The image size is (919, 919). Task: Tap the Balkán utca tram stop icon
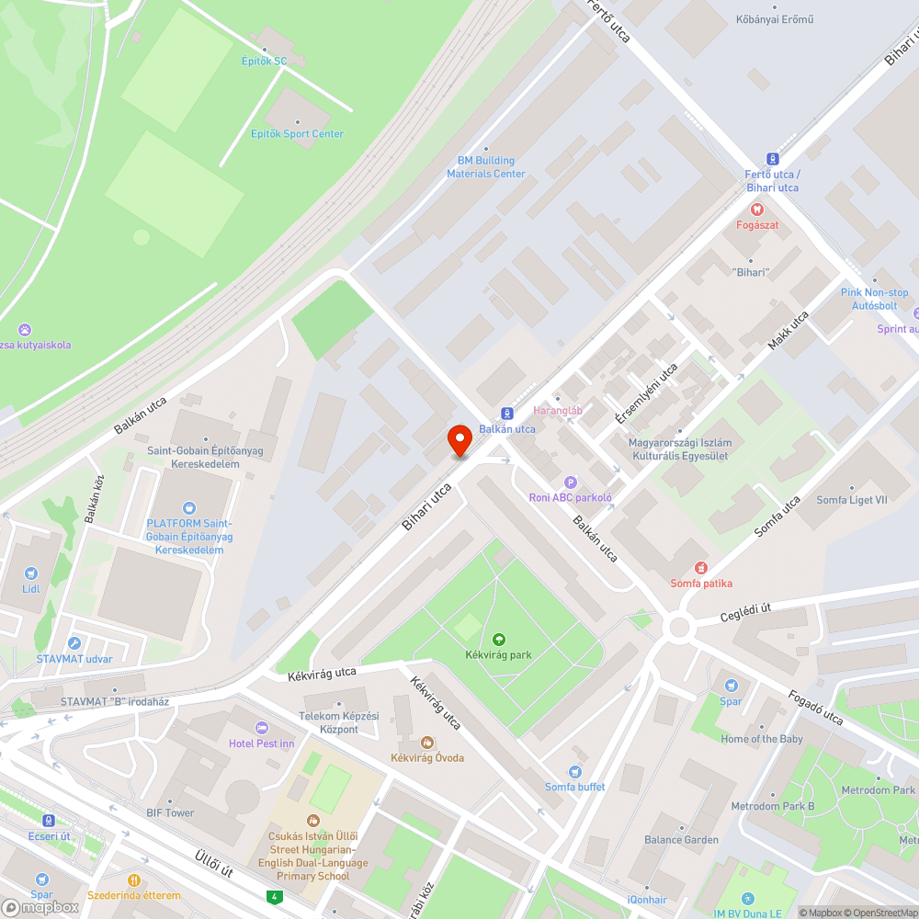[x=506, y=414]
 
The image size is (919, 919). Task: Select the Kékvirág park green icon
[x=499, y=639]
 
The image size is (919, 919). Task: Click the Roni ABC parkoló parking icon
[x=570, y=482]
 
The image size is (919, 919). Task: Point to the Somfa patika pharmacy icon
[x=701, y=568]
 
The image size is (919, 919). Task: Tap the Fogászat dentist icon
[x=757, y=210]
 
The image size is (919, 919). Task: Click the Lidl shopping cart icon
[x=31, y=573]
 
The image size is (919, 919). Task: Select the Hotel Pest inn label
[x=262, y=743]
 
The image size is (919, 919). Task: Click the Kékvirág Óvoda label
[x=427, y=757]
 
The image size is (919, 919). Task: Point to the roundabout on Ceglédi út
[x=679, y=628]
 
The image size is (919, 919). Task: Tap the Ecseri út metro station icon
[x=49, y=821]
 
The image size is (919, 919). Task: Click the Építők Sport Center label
[x=297, y=133]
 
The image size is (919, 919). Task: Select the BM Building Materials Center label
[x=486, y=167]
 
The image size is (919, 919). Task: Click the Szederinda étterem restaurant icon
[x=134, y=879]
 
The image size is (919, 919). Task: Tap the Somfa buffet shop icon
[x=575, y=771]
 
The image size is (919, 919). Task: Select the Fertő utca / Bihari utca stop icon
[x=772, y=158]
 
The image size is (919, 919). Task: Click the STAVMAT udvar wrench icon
[x=74, y=643]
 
